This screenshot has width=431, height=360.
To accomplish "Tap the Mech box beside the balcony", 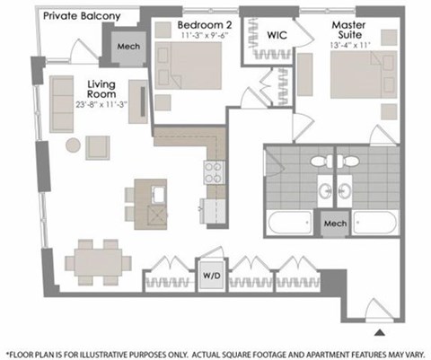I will coord(128,48).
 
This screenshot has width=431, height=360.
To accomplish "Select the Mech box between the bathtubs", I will coord(334,224).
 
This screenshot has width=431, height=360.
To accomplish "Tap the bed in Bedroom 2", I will coord(196,68).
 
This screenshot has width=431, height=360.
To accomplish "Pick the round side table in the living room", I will coord(72,145).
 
